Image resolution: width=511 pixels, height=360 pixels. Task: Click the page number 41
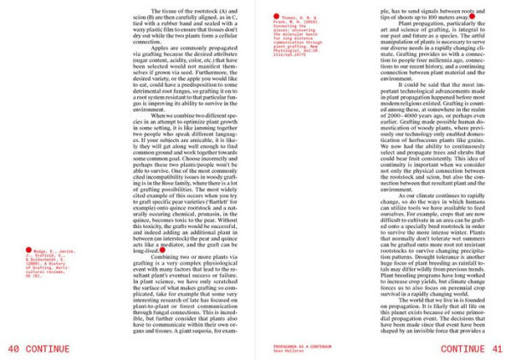click(498, 350)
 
